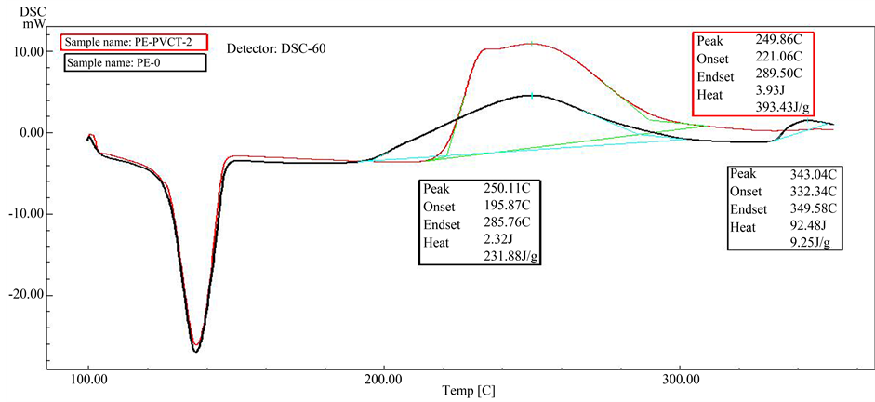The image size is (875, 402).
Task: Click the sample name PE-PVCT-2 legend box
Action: point(132,42)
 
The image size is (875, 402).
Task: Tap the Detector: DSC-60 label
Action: point(277,47)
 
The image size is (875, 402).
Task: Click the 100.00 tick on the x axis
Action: point(88,380)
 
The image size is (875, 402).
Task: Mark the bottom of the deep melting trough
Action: point(195,351)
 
